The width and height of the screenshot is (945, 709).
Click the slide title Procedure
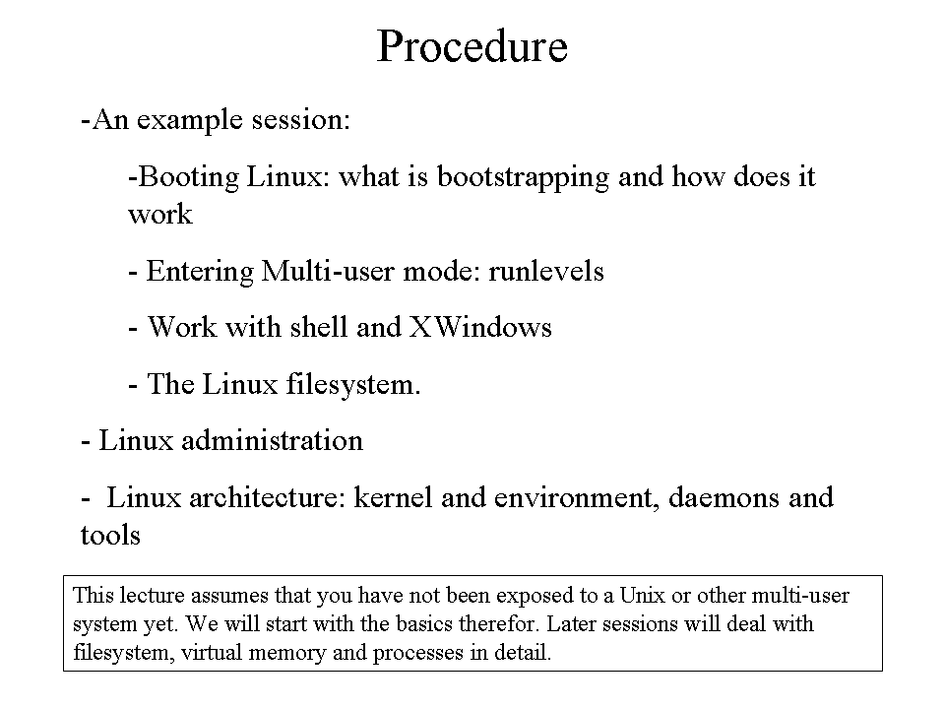[x=472, y=46]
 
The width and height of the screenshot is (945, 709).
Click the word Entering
[x=200, y=272]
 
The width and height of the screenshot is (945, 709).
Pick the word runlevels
[x=546, y=272]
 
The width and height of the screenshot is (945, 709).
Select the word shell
[x=319, y=327]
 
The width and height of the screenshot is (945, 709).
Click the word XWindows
[x=480, y=327]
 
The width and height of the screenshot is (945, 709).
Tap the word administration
[x=273, y=441]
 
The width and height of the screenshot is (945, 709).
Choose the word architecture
[x=267, y=498]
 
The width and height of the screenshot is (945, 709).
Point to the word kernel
[x=393, y=498]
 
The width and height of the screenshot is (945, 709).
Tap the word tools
[x=110, y=536]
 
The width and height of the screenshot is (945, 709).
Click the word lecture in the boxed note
[x=152, y=596]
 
